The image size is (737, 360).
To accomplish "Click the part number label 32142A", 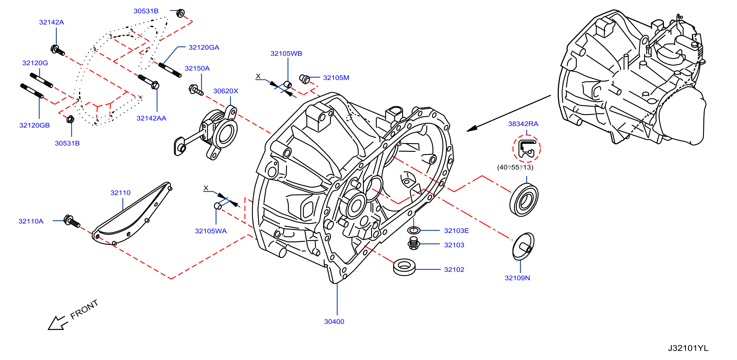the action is tap(51, 22).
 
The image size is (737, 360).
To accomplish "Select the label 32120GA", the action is tap(204, 48).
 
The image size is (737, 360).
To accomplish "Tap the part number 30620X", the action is tap(226, 91).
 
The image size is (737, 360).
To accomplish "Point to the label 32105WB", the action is tap(286, 54).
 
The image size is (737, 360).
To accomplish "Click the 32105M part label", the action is tap(336, 78).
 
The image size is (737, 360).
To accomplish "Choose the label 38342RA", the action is tap(523, 124).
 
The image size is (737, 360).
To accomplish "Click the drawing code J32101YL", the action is tap(688, 348).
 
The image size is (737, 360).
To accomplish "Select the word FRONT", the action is tap(84, 309).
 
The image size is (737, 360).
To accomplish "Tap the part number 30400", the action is tap(334, 322).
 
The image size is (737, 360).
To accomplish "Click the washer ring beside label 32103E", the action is tap(414, 230).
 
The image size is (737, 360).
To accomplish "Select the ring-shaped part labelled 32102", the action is tap(404, 268).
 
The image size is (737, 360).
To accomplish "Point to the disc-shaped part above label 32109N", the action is tap(523, 246).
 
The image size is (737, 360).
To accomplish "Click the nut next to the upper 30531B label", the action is tap(180, 13).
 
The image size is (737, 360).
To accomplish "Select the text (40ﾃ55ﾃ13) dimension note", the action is tap(515, 167).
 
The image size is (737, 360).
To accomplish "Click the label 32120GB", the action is tap(35, 125).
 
